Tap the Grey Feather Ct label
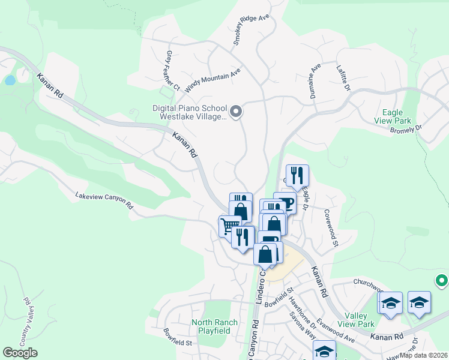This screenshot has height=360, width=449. tap(173, 70)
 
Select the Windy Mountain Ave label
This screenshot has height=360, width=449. tap(212, 80)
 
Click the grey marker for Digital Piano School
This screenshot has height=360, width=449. tap(236, 111)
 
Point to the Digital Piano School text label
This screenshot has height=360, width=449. tap(188, 113)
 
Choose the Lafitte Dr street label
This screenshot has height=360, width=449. tap(343, 78)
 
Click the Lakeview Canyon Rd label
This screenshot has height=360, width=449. tap(104, 200)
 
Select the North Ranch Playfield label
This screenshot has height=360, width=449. tap(214, 326)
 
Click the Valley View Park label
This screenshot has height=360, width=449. tap(356, 319)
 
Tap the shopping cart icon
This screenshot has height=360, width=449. tap(229, 226)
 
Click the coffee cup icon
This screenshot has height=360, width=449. tap(286, 202)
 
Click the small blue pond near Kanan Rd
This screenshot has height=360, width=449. tap(10, 80)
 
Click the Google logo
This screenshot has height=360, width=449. tap(20, 353)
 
